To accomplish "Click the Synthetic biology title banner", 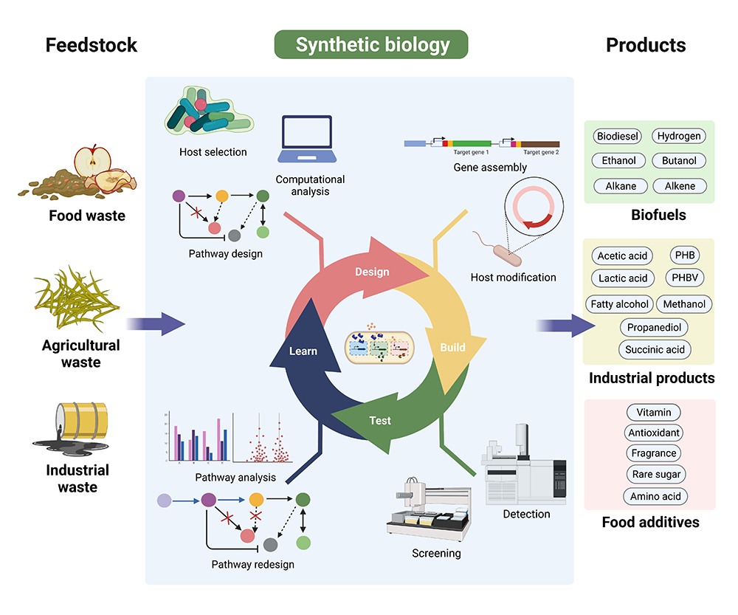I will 371,44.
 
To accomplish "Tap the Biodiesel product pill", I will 618,136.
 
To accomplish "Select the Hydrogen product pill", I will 679,136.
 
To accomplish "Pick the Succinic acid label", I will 655,349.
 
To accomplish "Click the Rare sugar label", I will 655,474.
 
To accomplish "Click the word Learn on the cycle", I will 303,351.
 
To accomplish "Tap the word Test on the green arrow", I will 380,421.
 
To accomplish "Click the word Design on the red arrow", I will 372,272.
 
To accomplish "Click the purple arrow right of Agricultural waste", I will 156,323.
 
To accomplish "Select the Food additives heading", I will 650,522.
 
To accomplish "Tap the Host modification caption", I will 513,278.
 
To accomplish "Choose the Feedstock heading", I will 92,45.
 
